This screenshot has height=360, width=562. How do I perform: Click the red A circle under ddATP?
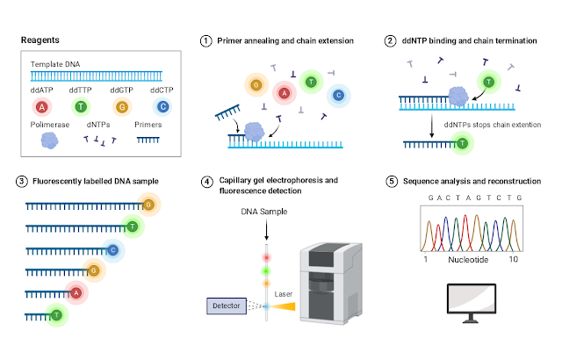41,107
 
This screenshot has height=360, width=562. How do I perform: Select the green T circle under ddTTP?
80,107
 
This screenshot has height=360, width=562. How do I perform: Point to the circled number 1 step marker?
207,41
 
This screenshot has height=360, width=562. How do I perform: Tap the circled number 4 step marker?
207,182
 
